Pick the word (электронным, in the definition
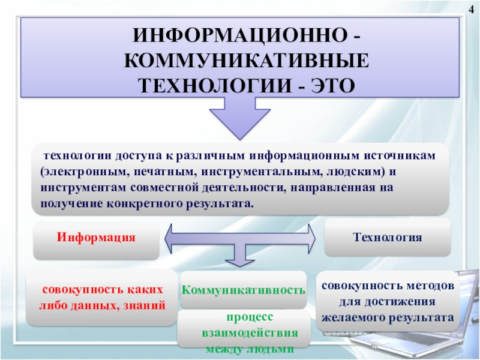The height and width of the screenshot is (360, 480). pos(82,170)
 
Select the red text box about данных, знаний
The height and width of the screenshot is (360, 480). pos(102,297)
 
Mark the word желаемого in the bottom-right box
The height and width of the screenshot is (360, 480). pos(353,316)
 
